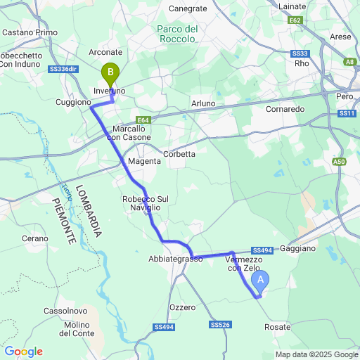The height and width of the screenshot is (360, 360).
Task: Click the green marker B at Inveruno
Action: coord(110,72)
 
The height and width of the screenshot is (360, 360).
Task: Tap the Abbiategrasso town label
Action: coord(175,259)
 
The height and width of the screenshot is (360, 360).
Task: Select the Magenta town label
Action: coord(144,161)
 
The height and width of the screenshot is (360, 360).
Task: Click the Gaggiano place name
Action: coord(302,249)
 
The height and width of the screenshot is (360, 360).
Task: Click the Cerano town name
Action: coord(34,239)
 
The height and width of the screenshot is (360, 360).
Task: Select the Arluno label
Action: coord(203,103)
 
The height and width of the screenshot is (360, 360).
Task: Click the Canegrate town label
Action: coord(188,8)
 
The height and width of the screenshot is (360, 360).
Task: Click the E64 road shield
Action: coord(143,120)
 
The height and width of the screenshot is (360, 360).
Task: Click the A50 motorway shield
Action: coord(340,162)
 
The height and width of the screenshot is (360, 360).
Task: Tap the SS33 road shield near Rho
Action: coord(300,53)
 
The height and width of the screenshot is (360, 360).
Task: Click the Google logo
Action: coord(23,351)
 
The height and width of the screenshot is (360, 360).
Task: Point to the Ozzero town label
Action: coord(182,308)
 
